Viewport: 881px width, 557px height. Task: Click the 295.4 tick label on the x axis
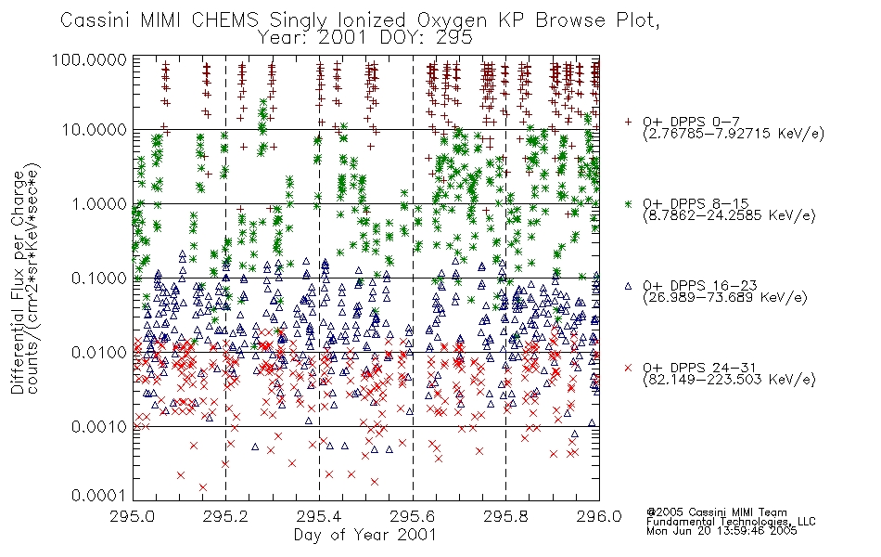coord(319,516)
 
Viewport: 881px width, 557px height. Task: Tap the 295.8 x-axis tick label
coord(505,516)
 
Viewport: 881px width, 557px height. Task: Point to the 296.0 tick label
coord(599,516)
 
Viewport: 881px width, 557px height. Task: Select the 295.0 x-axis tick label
coord(133,516)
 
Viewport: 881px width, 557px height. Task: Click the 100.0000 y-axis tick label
coord(90,59)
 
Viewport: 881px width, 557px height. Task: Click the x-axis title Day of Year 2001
coord(365,535)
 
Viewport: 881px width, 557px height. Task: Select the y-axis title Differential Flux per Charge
coord(18,281)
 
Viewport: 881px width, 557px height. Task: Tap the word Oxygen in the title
coord(452,20)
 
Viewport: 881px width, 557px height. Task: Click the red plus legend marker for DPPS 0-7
coord(628,122)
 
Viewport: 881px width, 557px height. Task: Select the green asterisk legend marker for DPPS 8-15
coord(628,203)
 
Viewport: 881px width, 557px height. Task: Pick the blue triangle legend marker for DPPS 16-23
coord(628,286)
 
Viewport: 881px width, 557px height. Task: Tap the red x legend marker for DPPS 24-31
coord(628,368)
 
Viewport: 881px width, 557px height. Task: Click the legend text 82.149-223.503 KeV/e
coord(729,380)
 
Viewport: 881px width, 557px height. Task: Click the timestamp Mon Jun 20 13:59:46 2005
coord(721,531)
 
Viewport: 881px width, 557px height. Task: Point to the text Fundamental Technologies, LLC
coord(731,522)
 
